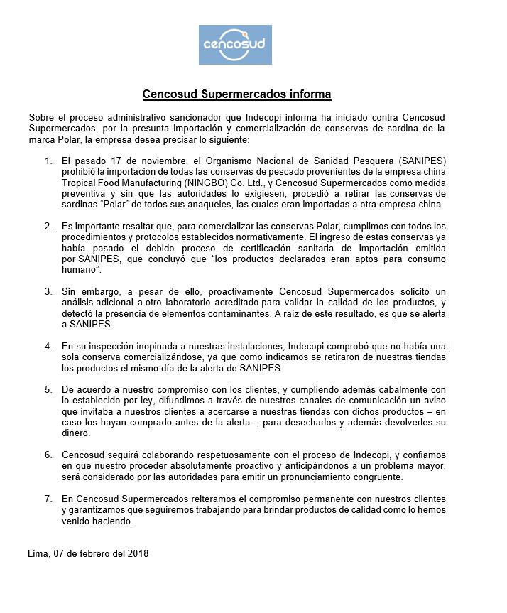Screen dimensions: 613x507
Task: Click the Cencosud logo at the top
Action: [234, 45]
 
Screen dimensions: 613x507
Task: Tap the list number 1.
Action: [48, 161]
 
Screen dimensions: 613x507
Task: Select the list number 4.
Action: [48, 346]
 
